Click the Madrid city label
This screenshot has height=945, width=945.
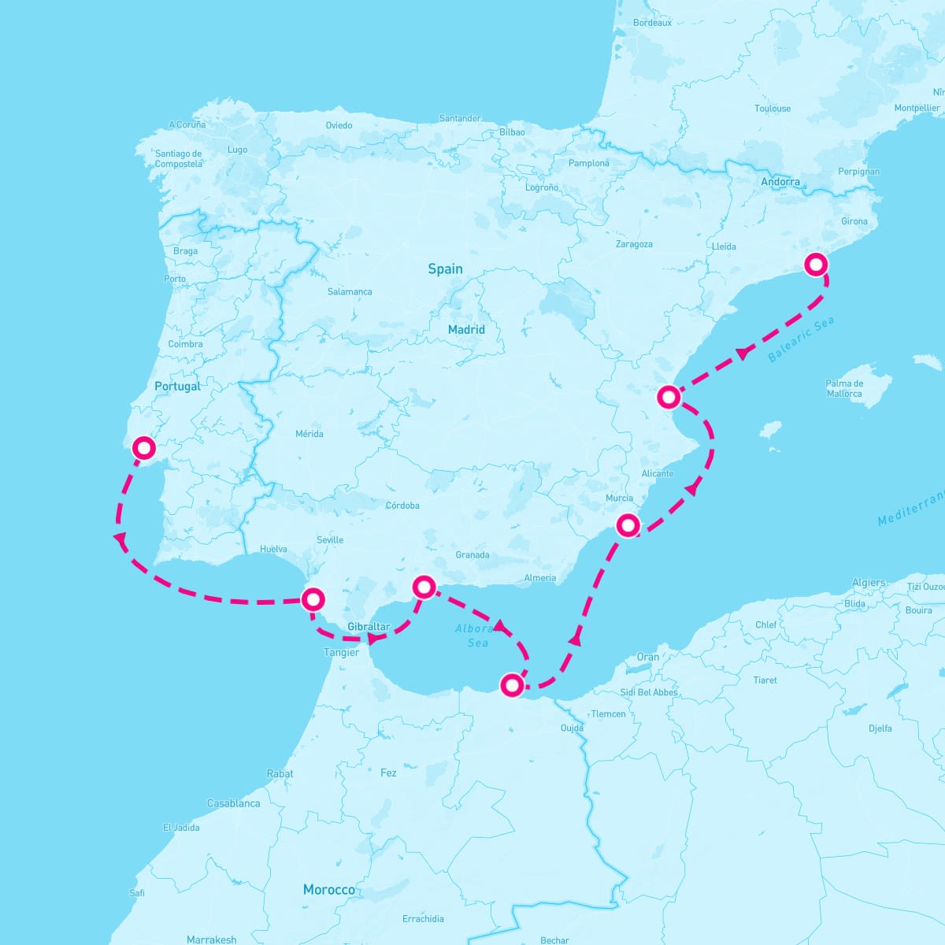pyautogui.click(x=466, y=329)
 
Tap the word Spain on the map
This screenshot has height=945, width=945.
pyautogui.click(x=445, y=269)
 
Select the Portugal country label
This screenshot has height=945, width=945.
pyautogui.click(x=177, y=386)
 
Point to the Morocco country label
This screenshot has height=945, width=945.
pyautogui.click(x=328, y=889)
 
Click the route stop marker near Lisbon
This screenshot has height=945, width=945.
pyautogui.click(x=144, y=448)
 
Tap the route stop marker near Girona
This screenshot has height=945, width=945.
pyautogui.click(x=816, y=265)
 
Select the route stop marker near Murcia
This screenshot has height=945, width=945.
pyautogui.click(x=628, y=524)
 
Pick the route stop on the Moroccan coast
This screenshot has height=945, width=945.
pyautogui.click(x=512, y=684)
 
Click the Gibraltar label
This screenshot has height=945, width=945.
pyautogui.click(x=369, y=627)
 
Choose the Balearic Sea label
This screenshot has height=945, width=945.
pyautogui.click(x=800, y=339)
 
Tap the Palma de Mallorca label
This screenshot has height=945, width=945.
pyautogui.click(x=844, y=388)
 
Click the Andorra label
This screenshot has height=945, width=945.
pyautogui.click(x=780, y=182)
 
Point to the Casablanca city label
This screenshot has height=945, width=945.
pyautogui.click(x=233, y=803)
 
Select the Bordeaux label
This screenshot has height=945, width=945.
pyautogui.click(x=652, y=23)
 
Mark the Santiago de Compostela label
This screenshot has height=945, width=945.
pyautogui.click(x=179, y=158)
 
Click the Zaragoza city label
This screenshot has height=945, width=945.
pyautogui.click(x=634, y=244)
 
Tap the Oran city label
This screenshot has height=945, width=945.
pyautogui.click(x=648, y=657)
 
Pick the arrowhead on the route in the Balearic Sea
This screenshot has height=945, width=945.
pyautogui.click(x=742, y=354)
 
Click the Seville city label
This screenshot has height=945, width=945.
pyautogui.click(x=330, y=539)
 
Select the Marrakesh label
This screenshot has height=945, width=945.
pyautogui.click(x=211, y=939)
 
